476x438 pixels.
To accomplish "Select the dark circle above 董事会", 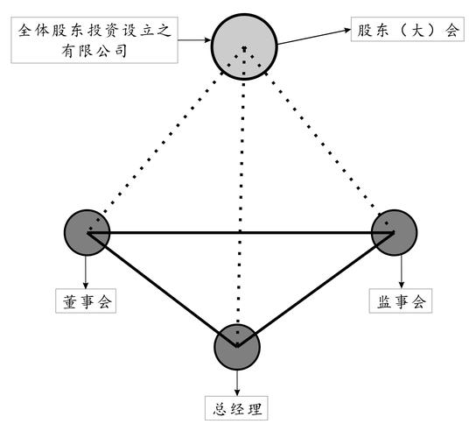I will coord(87,232).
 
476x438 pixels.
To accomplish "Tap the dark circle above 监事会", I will coord(395,232).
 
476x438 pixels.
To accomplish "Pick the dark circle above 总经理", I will coord(237,346).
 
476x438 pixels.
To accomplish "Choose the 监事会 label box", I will coord(402,302).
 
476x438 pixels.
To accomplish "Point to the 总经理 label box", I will coord(237,408).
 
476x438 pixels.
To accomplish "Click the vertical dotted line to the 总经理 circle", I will coord(241,201).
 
